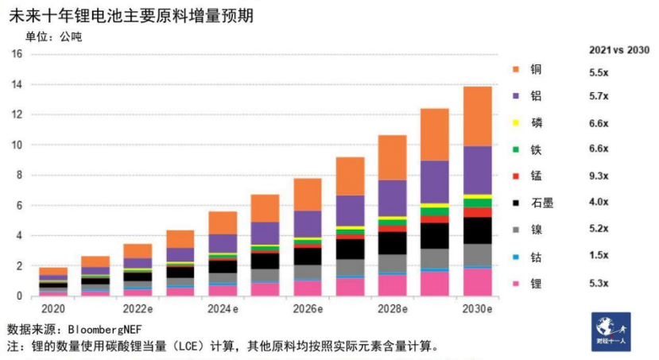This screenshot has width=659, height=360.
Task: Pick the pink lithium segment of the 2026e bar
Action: [x=308, y=288]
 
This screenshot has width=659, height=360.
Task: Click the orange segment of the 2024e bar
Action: [x=223, y=223]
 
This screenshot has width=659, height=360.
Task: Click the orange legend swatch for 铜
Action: [x=516, y=69]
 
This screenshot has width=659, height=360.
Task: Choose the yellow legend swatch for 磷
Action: [x=516, y=122]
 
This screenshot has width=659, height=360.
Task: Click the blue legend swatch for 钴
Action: [x=516, y=256]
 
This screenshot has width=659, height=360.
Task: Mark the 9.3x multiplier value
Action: [x=599, y=176]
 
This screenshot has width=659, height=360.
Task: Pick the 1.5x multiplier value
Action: [x=599, y=256]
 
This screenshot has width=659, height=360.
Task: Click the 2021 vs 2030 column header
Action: [x=618, y=49]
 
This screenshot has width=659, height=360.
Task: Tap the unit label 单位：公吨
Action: [x=53, y=36]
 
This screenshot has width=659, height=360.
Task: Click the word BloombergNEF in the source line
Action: [x=116, y=328]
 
